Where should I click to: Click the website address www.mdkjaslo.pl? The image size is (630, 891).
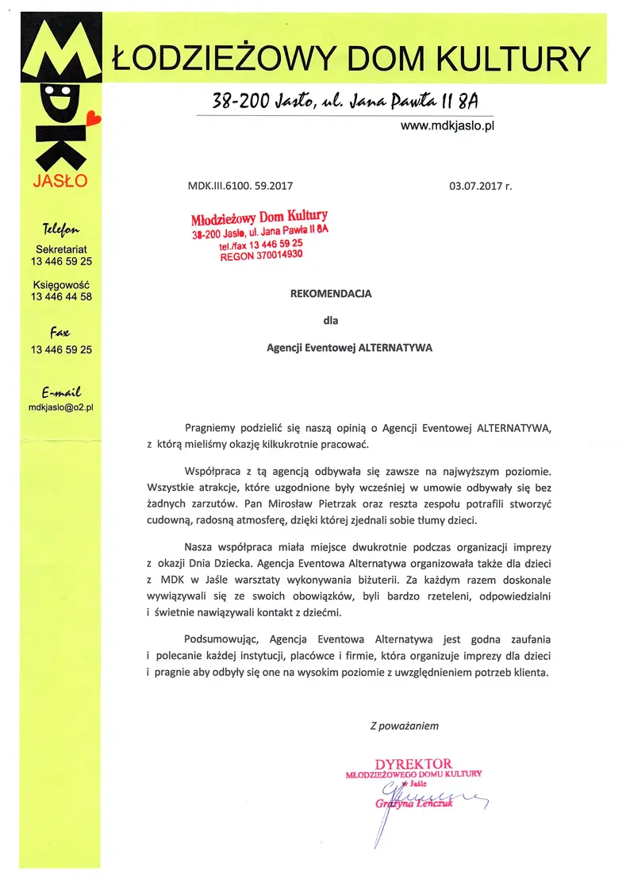coord(447,126)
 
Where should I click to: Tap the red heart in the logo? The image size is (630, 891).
coord(94,119)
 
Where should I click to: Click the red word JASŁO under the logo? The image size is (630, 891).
coord(60,182)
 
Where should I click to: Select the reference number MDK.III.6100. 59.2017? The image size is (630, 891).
coord(240,187)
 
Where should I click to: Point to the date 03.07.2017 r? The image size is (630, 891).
coord(481,187)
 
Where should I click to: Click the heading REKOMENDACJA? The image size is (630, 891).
coord(331,293)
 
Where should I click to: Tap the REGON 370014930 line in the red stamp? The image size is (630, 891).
coord(261,256)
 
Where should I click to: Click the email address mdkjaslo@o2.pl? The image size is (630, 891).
coord(61,407)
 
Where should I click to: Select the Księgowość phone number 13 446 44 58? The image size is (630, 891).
coord(61,296)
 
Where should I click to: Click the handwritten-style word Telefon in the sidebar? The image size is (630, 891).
coord(60,230)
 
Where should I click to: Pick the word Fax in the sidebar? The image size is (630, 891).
coord(60,333)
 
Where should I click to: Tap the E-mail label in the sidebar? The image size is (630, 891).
coord(61,392)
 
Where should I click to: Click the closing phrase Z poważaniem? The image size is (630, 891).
coord(404,725)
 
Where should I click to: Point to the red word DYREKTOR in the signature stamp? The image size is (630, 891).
coord(413,764)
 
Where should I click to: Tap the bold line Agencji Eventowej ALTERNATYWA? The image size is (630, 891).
coord(349,347)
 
